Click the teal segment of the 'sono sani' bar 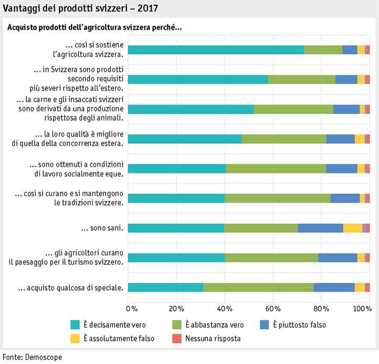coord(176,228)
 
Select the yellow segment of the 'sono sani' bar coord(353,228)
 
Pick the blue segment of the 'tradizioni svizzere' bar coord(345,198)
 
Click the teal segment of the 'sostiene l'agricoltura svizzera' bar coord(216,50)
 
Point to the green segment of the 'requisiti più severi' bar coord(302,80)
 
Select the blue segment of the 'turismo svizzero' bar coord(337,258)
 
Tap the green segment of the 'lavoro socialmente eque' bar coord(276,169)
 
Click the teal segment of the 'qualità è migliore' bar coord(185,139)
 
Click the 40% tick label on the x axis coord(225,308)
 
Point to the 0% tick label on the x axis coord(132,308)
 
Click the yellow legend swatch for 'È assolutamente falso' coord(75,338)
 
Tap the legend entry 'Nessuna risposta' coord(212,338)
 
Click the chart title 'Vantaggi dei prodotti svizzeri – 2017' coord(79,9)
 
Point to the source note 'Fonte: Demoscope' coord(32,357)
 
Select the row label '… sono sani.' coord(102,228)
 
